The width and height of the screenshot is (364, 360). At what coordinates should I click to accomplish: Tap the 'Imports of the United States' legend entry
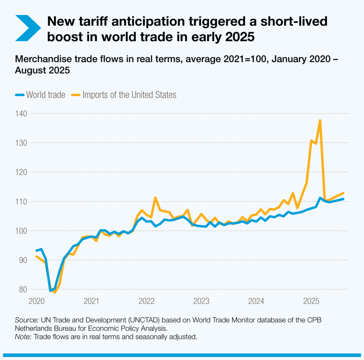point(124,95)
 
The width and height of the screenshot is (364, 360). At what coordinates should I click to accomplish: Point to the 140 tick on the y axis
point(20,113)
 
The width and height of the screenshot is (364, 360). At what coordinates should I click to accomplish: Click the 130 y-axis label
point(20,143)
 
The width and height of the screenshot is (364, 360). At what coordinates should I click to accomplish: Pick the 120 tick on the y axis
point(20,172)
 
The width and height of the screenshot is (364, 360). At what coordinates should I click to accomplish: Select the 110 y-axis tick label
point(20,201)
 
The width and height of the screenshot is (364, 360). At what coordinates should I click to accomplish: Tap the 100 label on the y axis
point(20,231)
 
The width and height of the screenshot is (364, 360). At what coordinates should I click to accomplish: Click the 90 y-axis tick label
point(22,260)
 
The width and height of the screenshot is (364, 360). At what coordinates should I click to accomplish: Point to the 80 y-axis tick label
point(22,290)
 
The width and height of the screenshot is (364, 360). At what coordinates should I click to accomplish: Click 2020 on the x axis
point(36,301)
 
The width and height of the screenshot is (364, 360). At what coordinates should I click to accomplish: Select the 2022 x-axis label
point(146,301)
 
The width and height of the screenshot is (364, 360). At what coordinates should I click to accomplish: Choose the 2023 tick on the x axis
point(201,301)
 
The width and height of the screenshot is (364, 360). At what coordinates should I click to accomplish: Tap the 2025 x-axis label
point(311,301)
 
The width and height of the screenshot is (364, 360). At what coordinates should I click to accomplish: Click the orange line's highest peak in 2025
point(320,121)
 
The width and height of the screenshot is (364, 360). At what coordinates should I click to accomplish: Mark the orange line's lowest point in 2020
point(55,292)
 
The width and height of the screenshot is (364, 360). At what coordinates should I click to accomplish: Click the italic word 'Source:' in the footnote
point(27,319)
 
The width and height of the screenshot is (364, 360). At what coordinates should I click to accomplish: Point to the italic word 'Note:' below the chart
point(23,337)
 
